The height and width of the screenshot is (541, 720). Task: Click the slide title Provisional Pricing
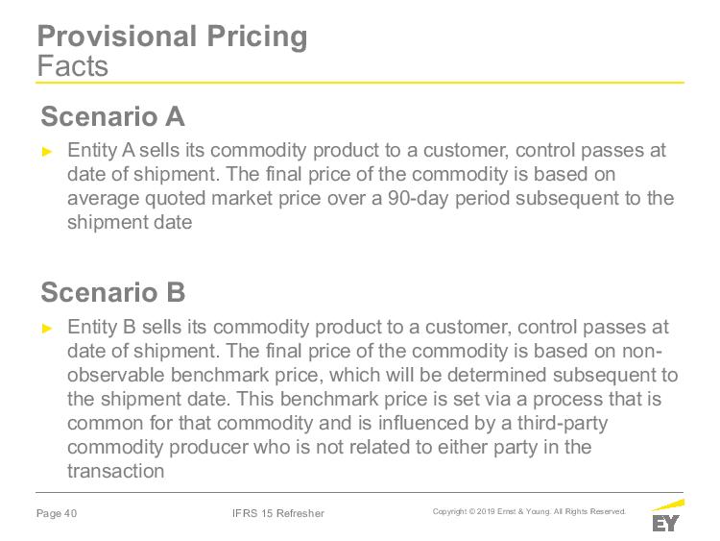coord(172,37)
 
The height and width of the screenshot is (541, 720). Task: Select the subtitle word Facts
coord(73,65)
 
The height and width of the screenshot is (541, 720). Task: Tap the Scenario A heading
coord(113,116)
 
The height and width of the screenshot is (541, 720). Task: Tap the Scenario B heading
coord(113,292)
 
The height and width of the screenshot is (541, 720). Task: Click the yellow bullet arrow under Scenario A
coord(47,152)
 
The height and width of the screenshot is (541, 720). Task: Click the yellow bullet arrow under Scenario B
coord(47,329)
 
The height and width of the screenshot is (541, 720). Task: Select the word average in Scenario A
coord(103,200)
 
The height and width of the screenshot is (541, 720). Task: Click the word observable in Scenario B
coord(116,375)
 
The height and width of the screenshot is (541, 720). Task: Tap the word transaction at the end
coord(116,471)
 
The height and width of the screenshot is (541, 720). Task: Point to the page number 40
coord(70,513)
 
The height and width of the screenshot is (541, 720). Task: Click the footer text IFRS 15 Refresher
coord(278,513)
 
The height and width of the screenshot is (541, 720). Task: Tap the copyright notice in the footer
coord(529,511)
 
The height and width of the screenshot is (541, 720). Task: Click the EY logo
coord(667,516)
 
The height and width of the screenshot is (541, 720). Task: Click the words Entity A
coord(101,151)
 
